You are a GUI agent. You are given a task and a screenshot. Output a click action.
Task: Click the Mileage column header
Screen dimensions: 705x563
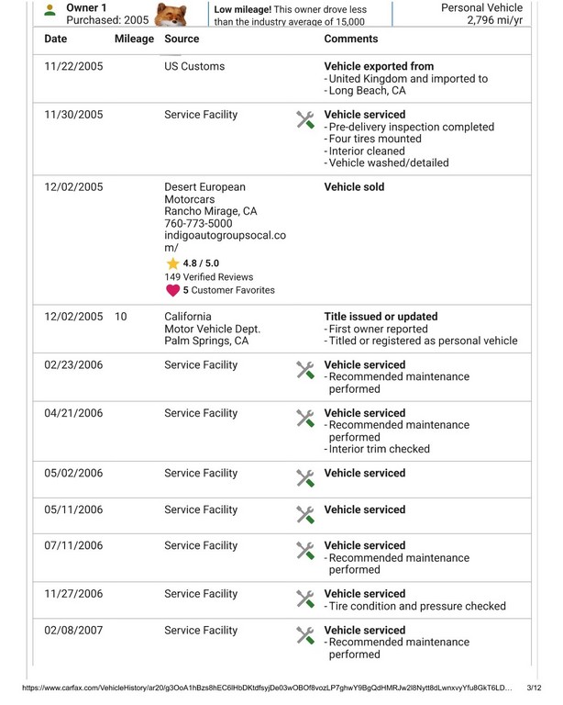coord(134,39)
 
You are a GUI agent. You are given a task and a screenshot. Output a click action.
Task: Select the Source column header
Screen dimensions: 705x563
coord(182,39)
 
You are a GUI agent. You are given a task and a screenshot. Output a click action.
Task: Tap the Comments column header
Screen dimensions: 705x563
coord(351,39)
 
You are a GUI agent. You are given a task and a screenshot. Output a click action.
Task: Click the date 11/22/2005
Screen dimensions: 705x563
coord(73,67)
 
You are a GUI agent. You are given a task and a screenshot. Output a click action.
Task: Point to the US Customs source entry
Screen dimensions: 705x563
coord(194,67)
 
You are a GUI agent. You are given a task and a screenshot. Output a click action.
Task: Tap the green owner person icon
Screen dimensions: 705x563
coord(50,11)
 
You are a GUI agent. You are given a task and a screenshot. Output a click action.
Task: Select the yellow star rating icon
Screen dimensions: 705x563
coord(172,263)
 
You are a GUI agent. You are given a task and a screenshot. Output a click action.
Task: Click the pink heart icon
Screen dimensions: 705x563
coord(172,290)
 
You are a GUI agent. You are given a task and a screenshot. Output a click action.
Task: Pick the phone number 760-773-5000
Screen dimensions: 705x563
coord(198,223)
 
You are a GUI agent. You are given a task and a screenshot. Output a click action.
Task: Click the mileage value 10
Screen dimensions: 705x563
coord(121,317)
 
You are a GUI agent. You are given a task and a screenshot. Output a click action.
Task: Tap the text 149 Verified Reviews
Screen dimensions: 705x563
coord(209,277)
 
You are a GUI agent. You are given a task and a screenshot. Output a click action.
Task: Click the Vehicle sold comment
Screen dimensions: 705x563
coord(355,187)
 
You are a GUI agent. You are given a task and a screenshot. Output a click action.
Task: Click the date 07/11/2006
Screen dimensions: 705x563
coord(73,546)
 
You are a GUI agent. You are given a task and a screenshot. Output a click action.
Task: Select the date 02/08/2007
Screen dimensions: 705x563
coord(73,631)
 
